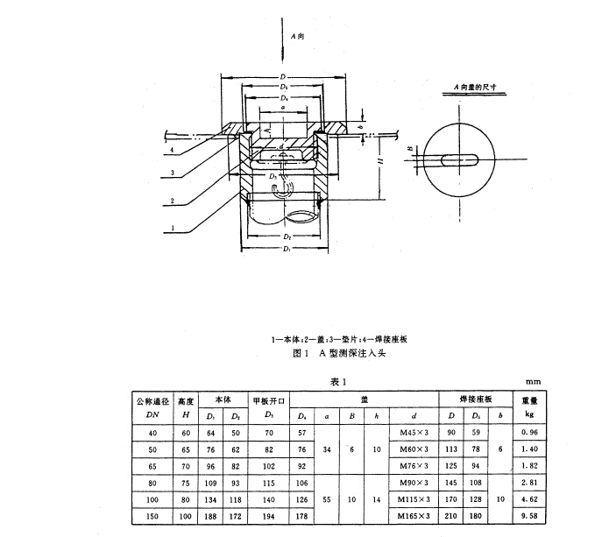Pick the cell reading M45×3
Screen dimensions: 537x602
pyautogui.click(x=413, y=432)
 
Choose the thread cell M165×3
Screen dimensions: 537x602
pyautogui.click(x=413, y=518)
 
